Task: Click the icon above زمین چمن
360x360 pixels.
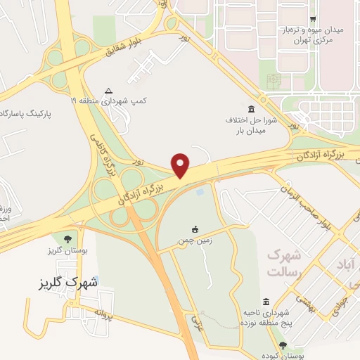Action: point(195,229)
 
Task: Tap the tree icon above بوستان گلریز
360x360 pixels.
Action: point(67,239)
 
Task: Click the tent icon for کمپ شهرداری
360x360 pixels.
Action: point(108,90)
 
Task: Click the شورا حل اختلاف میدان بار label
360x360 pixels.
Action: point(250,125)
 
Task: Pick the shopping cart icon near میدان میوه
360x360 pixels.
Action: point(312,19)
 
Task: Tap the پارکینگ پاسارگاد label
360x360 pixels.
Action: point(31,112)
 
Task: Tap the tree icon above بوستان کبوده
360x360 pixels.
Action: point(283,345)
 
